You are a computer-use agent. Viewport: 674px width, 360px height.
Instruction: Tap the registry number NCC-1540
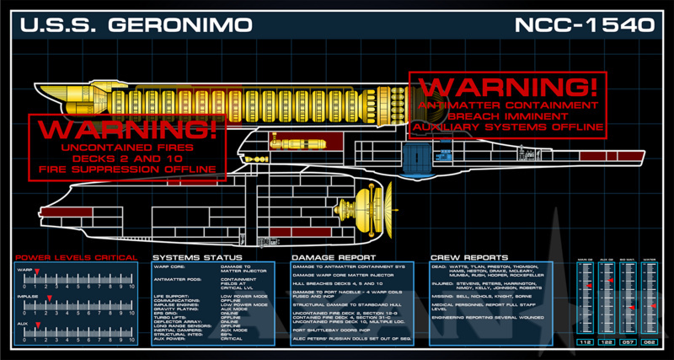coord(585,24)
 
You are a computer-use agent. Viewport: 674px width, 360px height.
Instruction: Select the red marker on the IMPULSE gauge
coord(49,298)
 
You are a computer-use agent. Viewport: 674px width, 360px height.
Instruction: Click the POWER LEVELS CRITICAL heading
coord(76,256)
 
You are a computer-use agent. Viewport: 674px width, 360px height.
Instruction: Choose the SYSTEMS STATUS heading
coord(197,256)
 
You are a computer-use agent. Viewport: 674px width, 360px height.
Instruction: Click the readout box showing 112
coord(583,342)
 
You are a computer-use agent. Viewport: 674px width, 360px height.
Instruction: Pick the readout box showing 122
coord(605,342)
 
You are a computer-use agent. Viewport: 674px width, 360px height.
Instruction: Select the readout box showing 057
coord(627,342)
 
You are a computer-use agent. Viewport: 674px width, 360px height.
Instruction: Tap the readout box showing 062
coord(649,342)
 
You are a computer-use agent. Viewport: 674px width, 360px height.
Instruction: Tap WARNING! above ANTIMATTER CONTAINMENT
coord(507,87)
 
